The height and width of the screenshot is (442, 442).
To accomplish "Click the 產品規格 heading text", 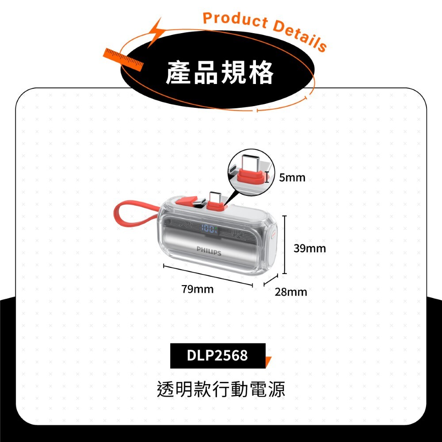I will [x=220, y=73].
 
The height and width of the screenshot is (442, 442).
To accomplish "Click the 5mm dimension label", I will [x=292, y=178].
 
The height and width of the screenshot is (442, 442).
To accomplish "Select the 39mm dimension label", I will [x=309, y=248].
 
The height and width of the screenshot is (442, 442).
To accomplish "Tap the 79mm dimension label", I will [x=197, y=290].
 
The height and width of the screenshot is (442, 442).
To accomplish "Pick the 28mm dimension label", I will [x=290, y=292].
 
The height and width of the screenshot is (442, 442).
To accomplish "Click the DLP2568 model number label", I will [x=217, y=355].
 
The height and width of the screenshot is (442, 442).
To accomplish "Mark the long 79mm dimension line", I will [x=208, y=276].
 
